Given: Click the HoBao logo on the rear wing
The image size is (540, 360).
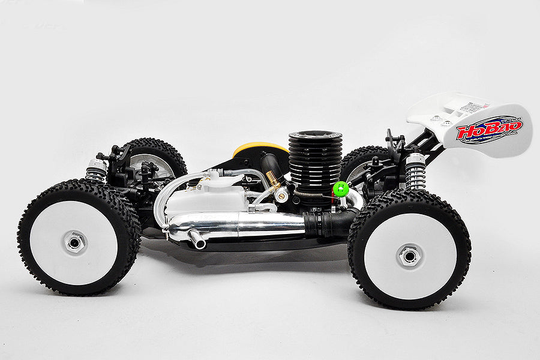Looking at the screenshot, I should tap(489, 129).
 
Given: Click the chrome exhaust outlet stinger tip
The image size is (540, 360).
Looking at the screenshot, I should tap(197, 240).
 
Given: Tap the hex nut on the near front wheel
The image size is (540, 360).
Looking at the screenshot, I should tap(75, 242).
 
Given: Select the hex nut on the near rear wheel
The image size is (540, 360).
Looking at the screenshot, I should tap(409, 256).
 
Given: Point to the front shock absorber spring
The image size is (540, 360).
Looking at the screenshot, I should tap(95, 171).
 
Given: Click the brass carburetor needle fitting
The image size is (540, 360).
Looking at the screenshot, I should tap(273, 179).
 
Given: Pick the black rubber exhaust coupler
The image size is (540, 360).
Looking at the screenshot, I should tap(327, 224).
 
